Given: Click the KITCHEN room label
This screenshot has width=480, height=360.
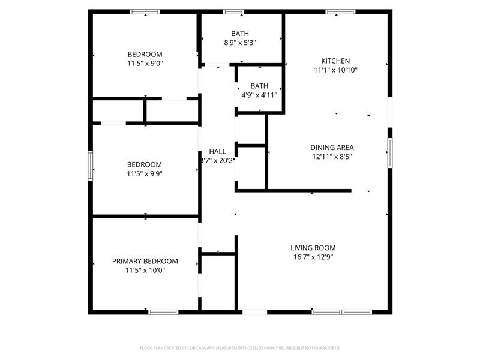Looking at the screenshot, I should tap(335, 61).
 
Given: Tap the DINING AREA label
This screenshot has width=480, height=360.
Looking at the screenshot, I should tap(332, 148).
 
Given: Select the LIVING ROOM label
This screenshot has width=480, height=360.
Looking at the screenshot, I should tap(313, 248).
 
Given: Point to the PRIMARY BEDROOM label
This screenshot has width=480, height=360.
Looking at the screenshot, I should tap(145, 261).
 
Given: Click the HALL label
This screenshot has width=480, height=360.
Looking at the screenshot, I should tap(217, 151).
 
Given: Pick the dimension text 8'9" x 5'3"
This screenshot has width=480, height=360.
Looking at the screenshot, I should tap(240, 43).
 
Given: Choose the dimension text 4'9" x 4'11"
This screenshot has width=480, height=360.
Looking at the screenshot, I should tap(259, 95).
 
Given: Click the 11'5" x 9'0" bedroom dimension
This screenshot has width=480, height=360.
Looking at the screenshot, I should tap(145, 63).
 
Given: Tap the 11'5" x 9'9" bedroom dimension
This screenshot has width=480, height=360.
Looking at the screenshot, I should tap(145, 174).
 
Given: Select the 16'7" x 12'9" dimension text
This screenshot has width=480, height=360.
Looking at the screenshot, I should tap(313, 257).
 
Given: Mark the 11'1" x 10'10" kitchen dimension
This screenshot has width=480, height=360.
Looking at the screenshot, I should tap(335, 70).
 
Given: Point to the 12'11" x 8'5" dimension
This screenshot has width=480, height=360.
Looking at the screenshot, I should tap(332, 157).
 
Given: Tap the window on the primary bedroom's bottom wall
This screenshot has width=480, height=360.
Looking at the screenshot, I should tap(163, 312).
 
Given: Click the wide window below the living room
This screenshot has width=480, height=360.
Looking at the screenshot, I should tap(342, 312).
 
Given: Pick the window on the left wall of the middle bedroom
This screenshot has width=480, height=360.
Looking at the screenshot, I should tap(91, 165).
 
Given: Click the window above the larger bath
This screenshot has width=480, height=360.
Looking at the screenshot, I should tap(234, 11).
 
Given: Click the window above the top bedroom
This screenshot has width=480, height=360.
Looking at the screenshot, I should tap(145, 11).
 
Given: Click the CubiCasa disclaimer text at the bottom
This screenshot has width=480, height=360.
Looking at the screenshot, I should tap(240, 348).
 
